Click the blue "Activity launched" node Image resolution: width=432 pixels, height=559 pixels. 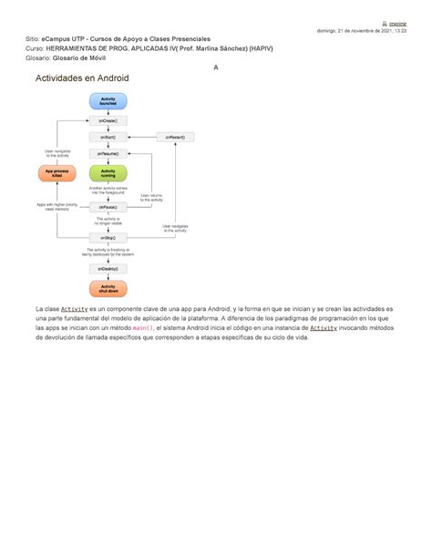coord(108,102)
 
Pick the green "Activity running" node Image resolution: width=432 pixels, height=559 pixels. coord(108,172)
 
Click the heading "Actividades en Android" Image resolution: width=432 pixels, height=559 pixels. coord(82,78)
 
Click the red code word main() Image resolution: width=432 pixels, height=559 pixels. coord(144,327)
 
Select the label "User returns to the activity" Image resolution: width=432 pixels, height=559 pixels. coord(152,197)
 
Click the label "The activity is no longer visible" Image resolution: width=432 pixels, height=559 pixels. coord(108,222)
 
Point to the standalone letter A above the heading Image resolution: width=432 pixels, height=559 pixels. coord(215,67)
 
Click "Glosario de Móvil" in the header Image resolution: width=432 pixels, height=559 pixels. coord(86,57)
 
